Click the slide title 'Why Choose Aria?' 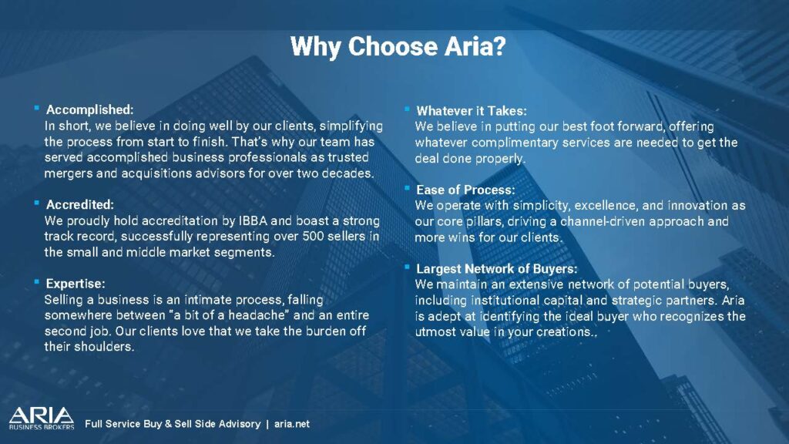click(398, 47)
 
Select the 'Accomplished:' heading click(90, 109)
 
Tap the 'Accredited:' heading click(80, 204)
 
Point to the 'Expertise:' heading click(76, 284)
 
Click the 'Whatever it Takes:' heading click(472, 111)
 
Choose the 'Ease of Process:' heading click(465, 190)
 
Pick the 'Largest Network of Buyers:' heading click(497, 269)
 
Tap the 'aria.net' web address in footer click(292, 424)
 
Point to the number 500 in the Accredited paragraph click(313, 236)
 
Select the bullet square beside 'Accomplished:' click(37, 108)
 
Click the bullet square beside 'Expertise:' click(37, 282)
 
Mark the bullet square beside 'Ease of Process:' click(407, 188)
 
